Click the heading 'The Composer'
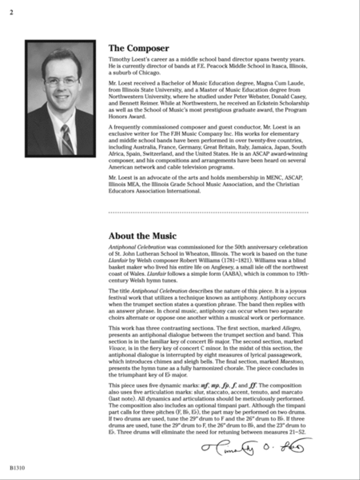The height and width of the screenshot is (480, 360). pos(138,48)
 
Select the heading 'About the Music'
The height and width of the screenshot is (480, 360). pos(142,236)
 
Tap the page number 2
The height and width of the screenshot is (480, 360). pos(12,12)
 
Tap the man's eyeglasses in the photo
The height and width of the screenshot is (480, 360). pos(62,82)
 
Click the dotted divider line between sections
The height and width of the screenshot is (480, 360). pos(208,213)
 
